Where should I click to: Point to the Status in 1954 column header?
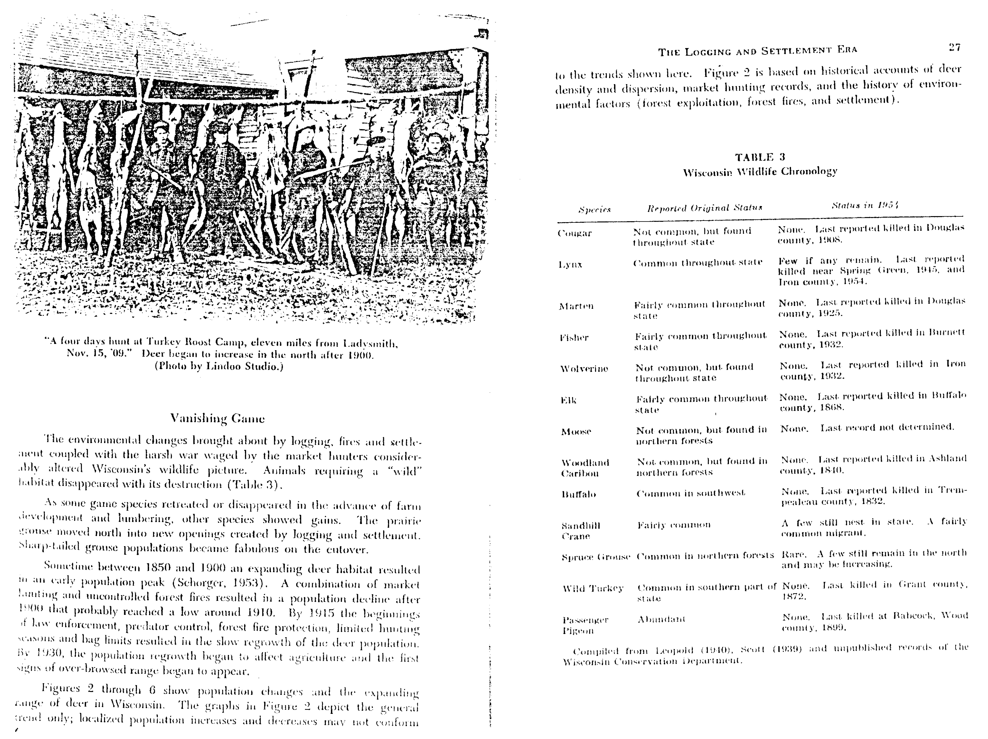pyautogui.click(x=865, y=206)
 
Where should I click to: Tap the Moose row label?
pyautogui.click(x=576, y=432)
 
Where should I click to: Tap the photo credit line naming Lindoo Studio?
pyautogui.click(x=219, y=366)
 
